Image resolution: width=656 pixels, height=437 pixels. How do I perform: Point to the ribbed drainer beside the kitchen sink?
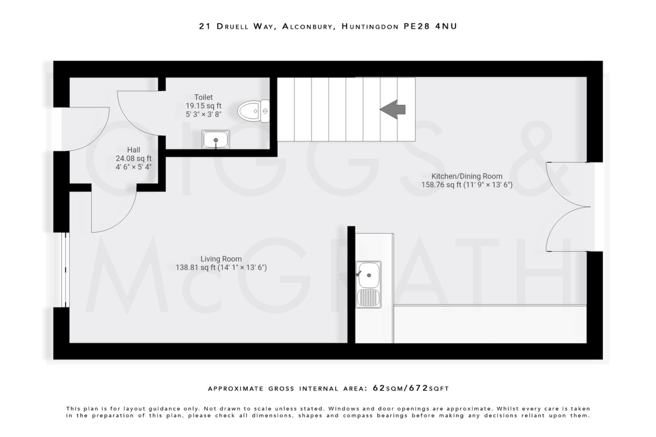tap(368, 297)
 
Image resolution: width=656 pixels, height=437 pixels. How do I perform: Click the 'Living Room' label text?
tap(221, 259)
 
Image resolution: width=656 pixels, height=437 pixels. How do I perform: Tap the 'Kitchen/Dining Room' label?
tap(467, 176)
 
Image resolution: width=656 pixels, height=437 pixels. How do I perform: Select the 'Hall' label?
tap(134, 150)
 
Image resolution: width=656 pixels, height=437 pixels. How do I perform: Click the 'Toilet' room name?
tap(203, 97)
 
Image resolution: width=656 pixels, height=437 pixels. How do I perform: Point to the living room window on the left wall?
tap(65, 270)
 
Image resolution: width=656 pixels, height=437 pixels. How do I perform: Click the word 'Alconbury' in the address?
tap(307, 26)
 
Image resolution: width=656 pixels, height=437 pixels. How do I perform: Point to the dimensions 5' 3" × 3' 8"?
tap(203, 114)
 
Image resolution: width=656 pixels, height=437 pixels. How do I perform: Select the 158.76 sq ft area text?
tap(441, 185)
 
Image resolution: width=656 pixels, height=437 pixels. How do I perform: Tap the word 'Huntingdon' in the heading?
tap(370, 26)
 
